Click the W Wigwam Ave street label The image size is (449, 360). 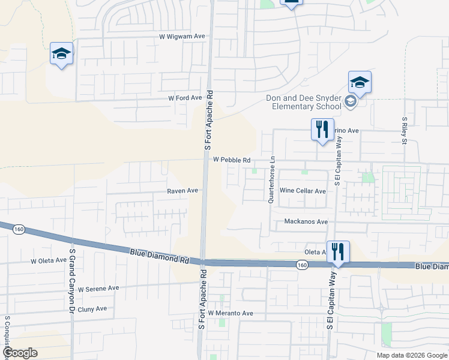click(x=182, y=36)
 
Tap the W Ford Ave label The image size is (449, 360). click(x=185, y=98)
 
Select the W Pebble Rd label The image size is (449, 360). click(x=231, y=160)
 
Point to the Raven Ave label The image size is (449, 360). click(x=182, y=190)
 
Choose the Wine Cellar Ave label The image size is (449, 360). click(x=303, y=191)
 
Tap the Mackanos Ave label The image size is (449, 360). click(x=306, y=221)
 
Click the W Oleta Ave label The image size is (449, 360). click(x=49, y=261)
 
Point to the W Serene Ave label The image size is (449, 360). click(x=98, y=288)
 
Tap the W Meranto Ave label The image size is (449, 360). click(x=231, y=313)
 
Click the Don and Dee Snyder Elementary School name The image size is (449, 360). click(x=305, y=102)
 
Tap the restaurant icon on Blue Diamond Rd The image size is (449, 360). click(x=338, y=251)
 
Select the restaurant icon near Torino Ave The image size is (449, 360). click(x=322, y=130)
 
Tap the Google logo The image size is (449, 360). click(x=19, y=353)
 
